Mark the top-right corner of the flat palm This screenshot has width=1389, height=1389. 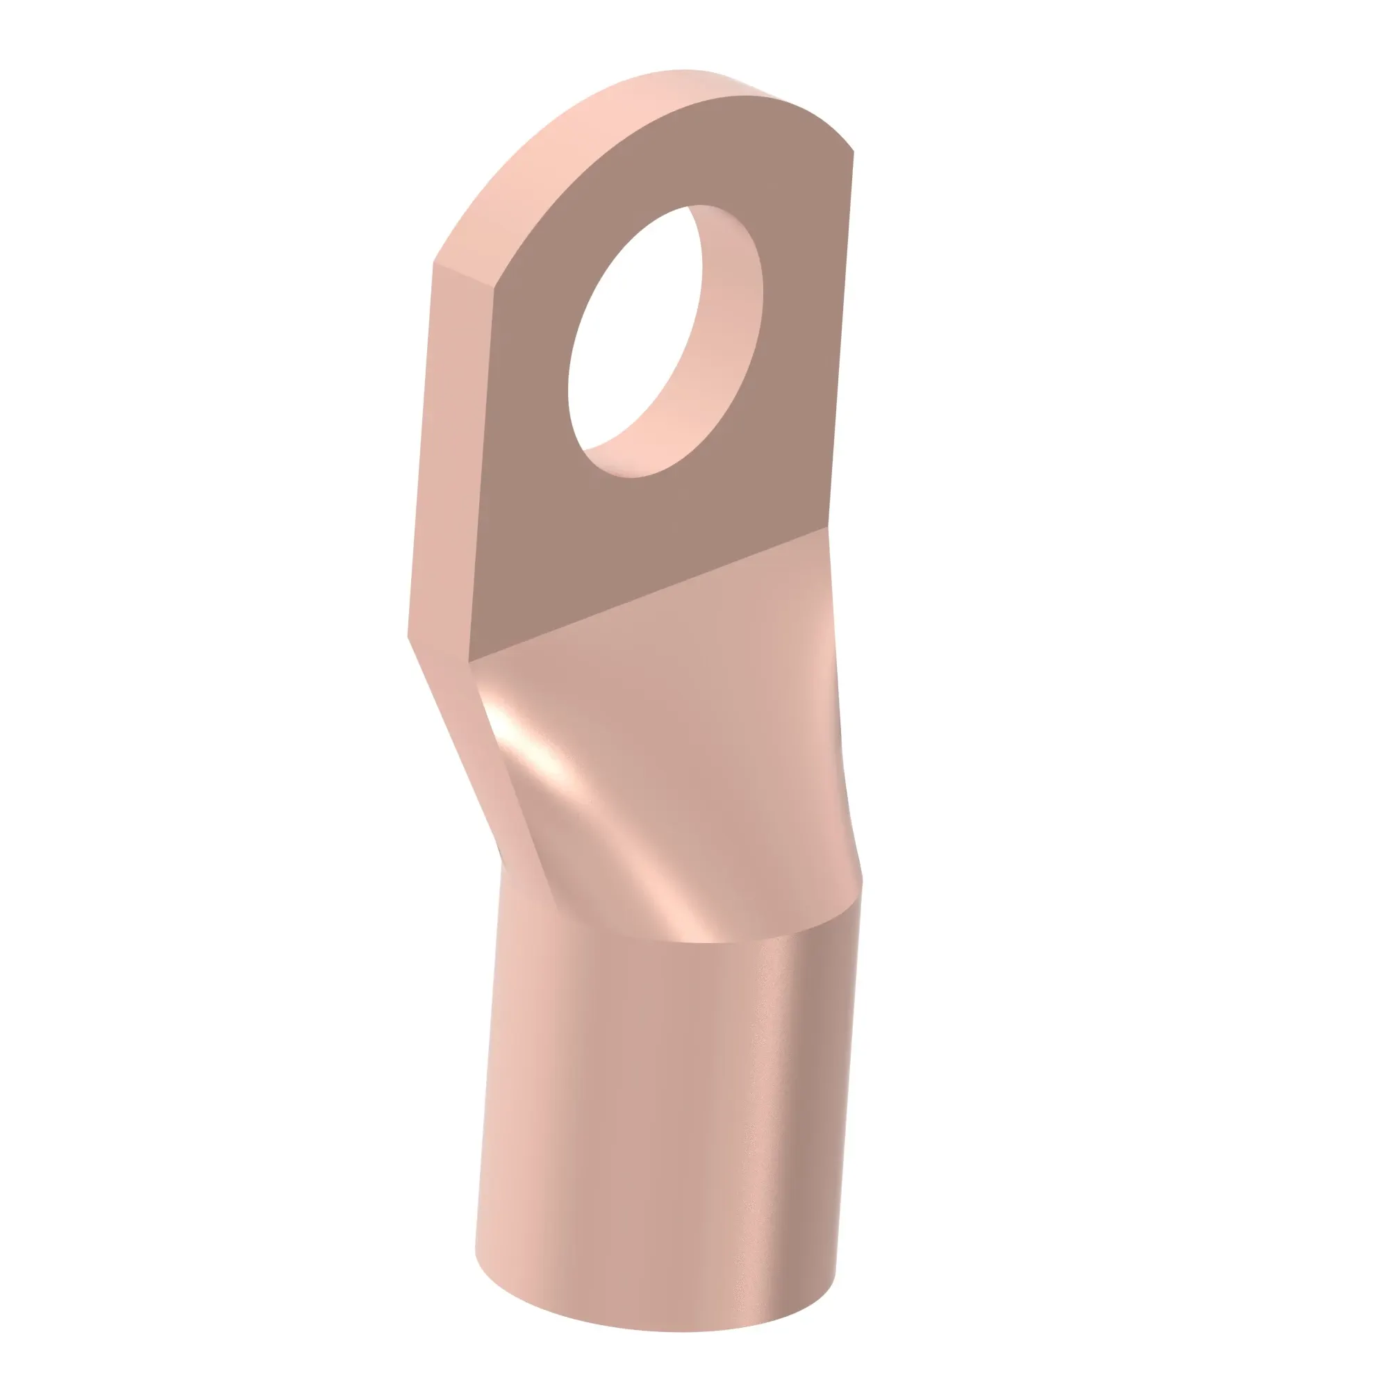(x=853, y=152)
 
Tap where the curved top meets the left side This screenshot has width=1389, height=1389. (x=435, y=263)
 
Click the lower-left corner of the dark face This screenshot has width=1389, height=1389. (x=469, y=660)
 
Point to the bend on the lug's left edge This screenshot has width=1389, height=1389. (x=409, y=635)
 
